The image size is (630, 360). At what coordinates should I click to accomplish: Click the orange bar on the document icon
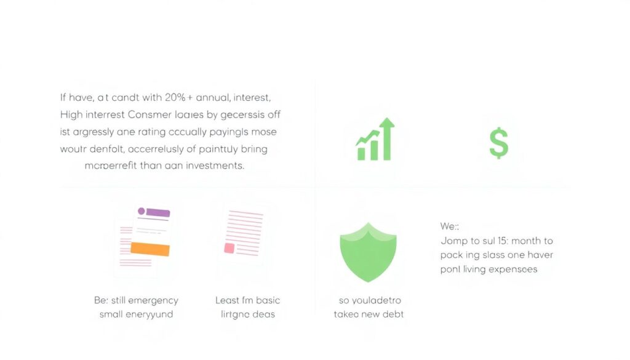pyautogui.click(x=150, y=249)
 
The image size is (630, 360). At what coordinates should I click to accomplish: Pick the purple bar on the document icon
pyautogui.click(x=157, y=212)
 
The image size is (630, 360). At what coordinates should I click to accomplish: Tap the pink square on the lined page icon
pyautogui.click(x=229, y=248)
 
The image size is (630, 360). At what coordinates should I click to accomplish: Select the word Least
pyautogui.click(x=227, y=300)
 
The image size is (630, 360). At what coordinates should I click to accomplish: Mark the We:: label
pyautogui.click(x=450, y=226)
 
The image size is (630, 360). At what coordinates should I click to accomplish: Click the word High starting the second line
pyautogui.click(x=72, y=114)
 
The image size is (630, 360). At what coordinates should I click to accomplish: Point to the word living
pyautogui.click(x=472, y=269)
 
